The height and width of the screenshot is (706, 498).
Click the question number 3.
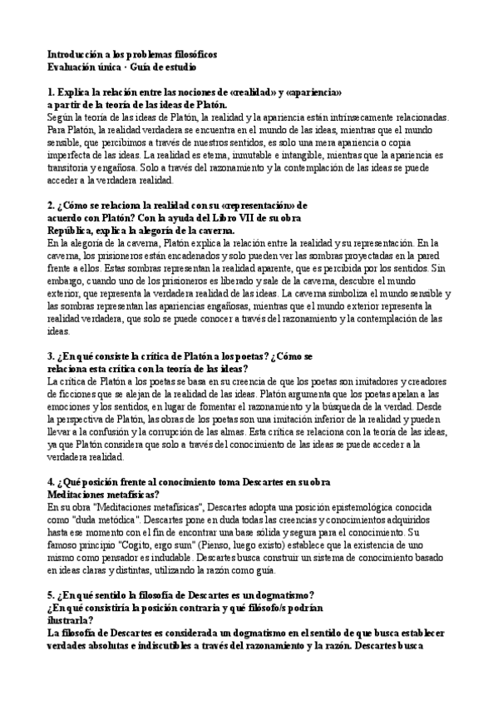click(51, 357)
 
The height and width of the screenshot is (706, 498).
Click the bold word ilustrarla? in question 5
click(72, 629)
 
